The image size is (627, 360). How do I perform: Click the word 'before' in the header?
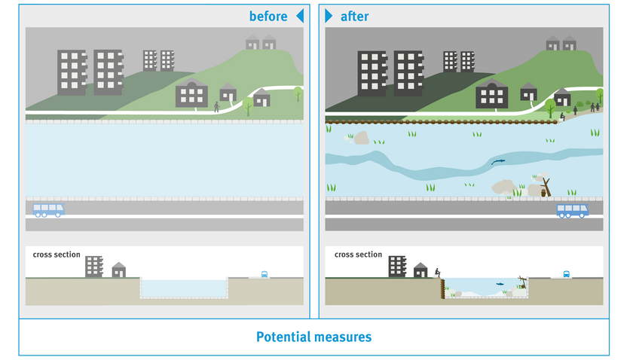268,16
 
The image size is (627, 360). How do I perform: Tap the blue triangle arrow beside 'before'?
299,16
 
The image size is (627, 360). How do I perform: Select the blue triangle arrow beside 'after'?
329,16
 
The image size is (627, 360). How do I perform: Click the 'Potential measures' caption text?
313,337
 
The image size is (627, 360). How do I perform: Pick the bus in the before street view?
49,209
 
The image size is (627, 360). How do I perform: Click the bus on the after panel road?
573,210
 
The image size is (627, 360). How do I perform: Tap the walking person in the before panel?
216,107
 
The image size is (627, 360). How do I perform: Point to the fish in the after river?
497,162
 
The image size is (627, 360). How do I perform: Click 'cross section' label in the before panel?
57,255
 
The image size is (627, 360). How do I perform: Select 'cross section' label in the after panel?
358,255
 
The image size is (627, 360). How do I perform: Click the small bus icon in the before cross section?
265,275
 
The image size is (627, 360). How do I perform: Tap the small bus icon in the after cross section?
565,274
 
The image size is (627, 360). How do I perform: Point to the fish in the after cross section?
500,283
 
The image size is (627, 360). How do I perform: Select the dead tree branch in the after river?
544,186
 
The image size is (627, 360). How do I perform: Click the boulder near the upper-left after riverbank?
361,138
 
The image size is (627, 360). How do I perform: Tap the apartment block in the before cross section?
93,266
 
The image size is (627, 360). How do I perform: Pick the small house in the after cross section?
421,270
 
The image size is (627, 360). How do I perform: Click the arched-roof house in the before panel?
191,94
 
